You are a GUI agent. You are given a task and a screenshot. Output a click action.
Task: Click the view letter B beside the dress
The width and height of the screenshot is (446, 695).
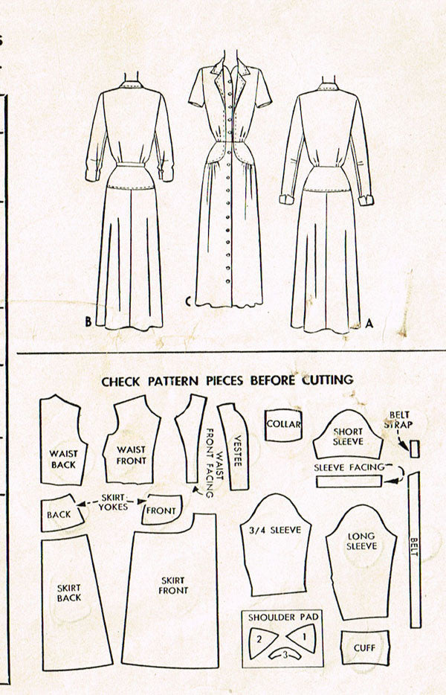coord(88,321)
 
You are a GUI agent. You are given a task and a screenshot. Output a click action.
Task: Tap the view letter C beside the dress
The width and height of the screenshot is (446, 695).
coord(188,302)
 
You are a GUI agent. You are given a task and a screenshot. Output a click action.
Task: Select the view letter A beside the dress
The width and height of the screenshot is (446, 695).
coord(369,324)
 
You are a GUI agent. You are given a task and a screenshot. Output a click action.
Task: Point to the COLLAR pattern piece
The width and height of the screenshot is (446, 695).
coord(283,425)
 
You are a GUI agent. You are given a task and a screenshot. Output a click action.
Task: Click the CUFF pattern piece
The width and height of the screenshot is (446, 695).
coord(365,647)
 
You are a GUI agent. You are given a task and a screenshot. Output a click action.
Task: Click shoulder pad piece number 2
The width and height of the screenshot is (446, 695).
coord(262,638)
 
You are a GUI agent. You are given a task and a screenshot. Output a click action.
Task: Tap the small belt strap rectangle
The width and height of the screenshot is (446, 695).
coord(415,449)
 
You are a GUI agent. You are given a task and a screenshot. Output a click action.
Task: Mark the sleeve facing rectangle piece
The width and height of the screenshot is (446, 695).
coord(349,481)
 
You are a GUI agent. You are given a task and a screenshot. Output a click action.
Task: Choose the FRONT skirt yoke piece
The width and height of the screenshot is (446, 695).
coord(162,510)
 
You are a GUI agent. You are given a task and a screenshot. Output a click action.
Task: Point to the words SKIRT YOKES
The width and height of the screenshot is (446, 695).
coord(113,502)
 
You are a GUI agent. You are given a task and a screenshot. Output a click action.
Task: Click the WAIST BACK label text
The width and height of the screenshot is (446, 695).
coord(63,459)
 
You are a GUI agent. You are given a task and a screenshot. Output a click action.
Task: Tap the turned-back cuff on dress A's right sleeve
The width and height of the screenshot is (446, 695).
coord(366,199)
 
